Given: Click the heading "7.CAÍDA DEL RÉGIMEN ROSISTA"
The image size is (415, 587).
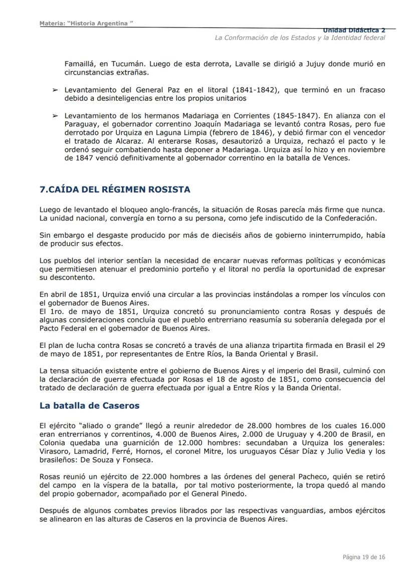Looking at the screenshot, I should [x=115, y=189].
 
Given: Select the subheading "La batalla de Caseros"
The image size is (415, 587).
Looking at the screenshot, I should [x=89, y=406].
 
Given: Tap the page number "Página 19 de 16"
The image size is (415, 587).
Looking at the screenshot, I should [x=364, y=557].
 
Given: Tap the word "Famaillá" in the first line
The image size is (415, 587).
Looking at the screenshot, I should [x=81, y=64].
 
